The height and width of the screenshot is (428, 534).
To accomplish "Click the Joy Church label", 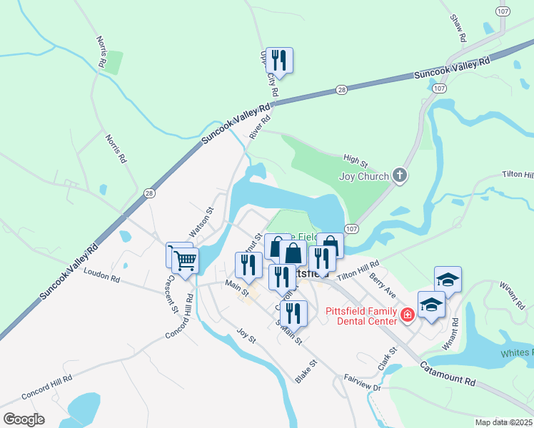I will (364, 176).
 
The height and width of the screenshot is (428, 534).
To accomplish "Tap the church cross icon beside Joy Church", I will (400, 175).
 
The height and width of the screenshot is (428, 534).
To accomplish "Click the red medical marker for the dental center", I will (408, 315).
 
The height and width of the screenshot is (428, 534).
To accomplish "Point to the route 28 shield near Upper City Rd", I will (342, 89).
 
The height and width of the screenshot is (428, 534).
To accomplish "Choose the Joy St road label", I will (246, 335).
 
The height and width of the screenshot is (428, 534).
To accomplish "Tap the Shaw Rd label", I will (458, 26).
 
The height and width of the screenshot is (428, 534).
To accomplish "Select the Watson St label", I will (201, 222).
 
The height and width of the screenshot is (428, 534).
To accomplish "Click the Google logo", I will (24, 419).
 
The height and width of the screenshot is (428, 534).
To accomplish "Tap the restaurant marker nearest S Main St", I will (293, 312).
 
